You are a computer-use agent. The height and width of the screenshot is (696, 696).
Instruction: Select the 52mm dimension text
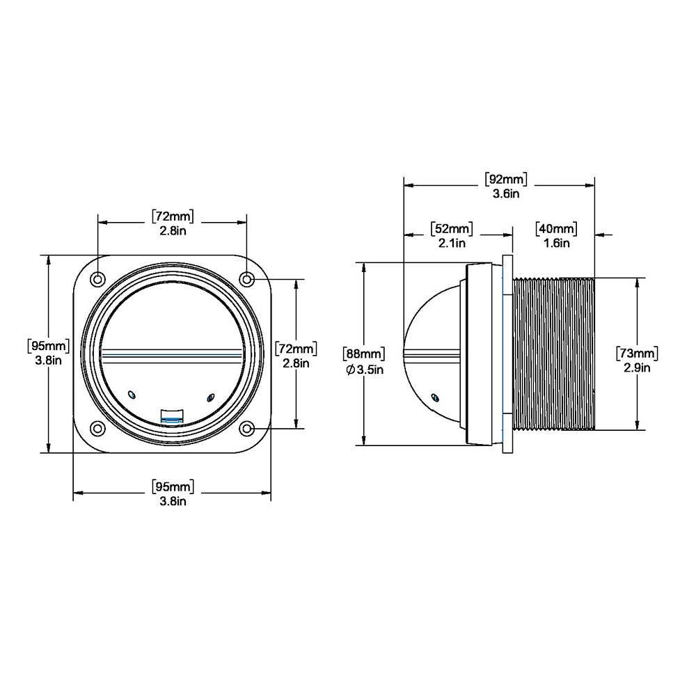click(451, 229)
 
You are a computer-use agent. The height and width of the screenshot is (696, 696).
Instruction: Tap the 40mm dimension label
click(555, 229)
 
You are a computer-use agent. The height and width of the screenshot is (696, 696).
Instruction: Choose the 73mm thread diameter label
click(637, 353)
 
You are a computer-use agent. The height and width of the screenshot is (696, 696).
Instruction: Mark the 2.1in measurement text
click(451, 243)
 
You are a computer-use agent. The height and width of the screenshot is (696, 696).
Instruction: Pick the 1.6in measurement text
click(555, 243)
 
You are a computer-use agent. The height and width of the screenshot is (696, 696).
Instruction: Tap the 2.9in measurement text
click(637, 367)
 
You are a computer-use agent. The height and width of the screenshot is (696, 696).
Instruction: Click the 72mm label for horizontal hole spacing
click(173, 216)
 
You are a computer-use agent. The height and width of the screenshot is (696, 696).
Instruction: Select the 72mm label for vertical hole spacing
click(296, 348)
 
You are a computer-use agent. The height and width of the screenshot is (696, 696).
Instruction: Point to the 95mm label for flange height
click(47, 345)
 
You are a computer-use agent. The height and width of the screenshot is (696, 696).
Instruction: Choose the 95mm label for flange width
click(173, 486)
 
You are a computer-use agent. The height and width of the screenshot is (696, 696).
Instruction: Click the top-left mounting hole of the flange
click(98, 279)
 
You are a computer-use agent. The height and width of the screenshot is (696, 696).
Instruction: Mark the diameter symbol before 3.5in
click(350, 370)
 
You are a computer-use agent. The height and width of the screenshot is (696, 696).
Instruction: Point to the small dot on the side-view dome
click(435, 397)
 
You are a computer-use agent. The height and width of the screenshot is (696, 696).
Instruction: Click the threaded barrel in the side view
click(553, 353)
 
